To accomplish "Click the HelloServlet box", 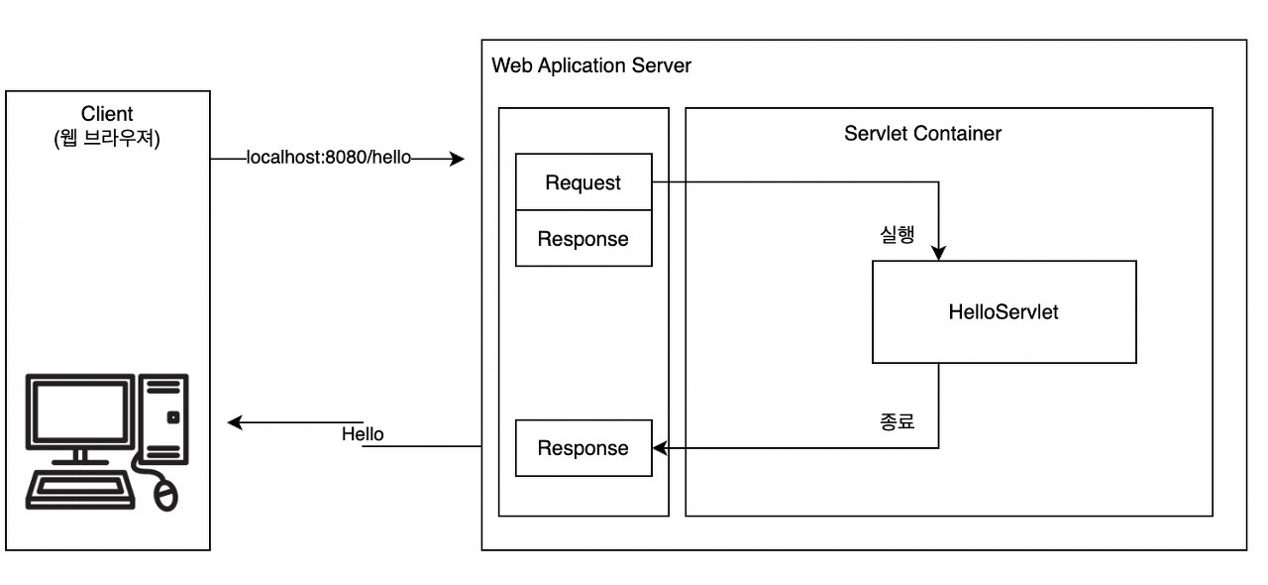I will (1004, 312).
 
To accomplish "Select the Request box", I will (583, 182).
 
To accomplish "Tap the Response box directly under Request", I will (583, 239).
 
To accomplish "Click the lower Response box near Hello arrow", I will (583, 448).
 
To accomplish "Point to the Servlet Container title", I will (922, 133).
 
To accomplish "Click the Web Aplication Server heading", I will (591, 65).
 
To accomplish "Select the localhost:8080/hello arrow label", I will (328, 159).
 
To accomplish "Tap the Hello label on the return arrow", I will (363, 434).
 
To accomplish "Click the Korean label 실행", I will (897, 236).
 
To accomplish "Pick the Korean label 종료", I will (897, 421).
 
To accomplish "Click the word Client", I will (107, 115).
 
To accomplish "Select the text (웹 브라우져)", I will (107, 138).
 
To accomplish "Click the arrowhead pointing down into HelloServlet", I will (938, 253).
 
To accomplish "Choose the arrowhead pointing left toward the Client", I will (235, 423).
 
